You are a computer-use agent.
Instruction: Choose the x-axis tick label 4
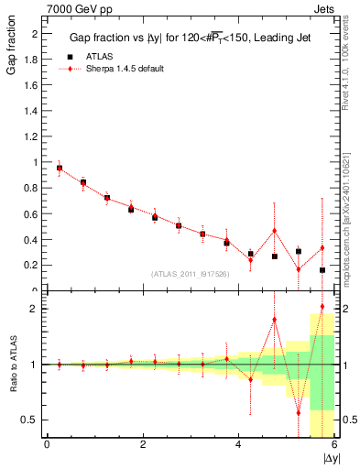(238, 444)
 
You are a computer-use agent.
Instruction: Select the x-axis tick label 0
(47, 444)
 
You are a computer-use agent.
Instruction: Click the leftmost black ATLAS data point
(60, 169)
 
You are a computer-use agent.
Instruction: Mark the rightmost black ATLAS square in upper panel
(322, 270)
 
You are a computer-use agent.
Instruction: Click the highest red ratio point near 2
(322, 307)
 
